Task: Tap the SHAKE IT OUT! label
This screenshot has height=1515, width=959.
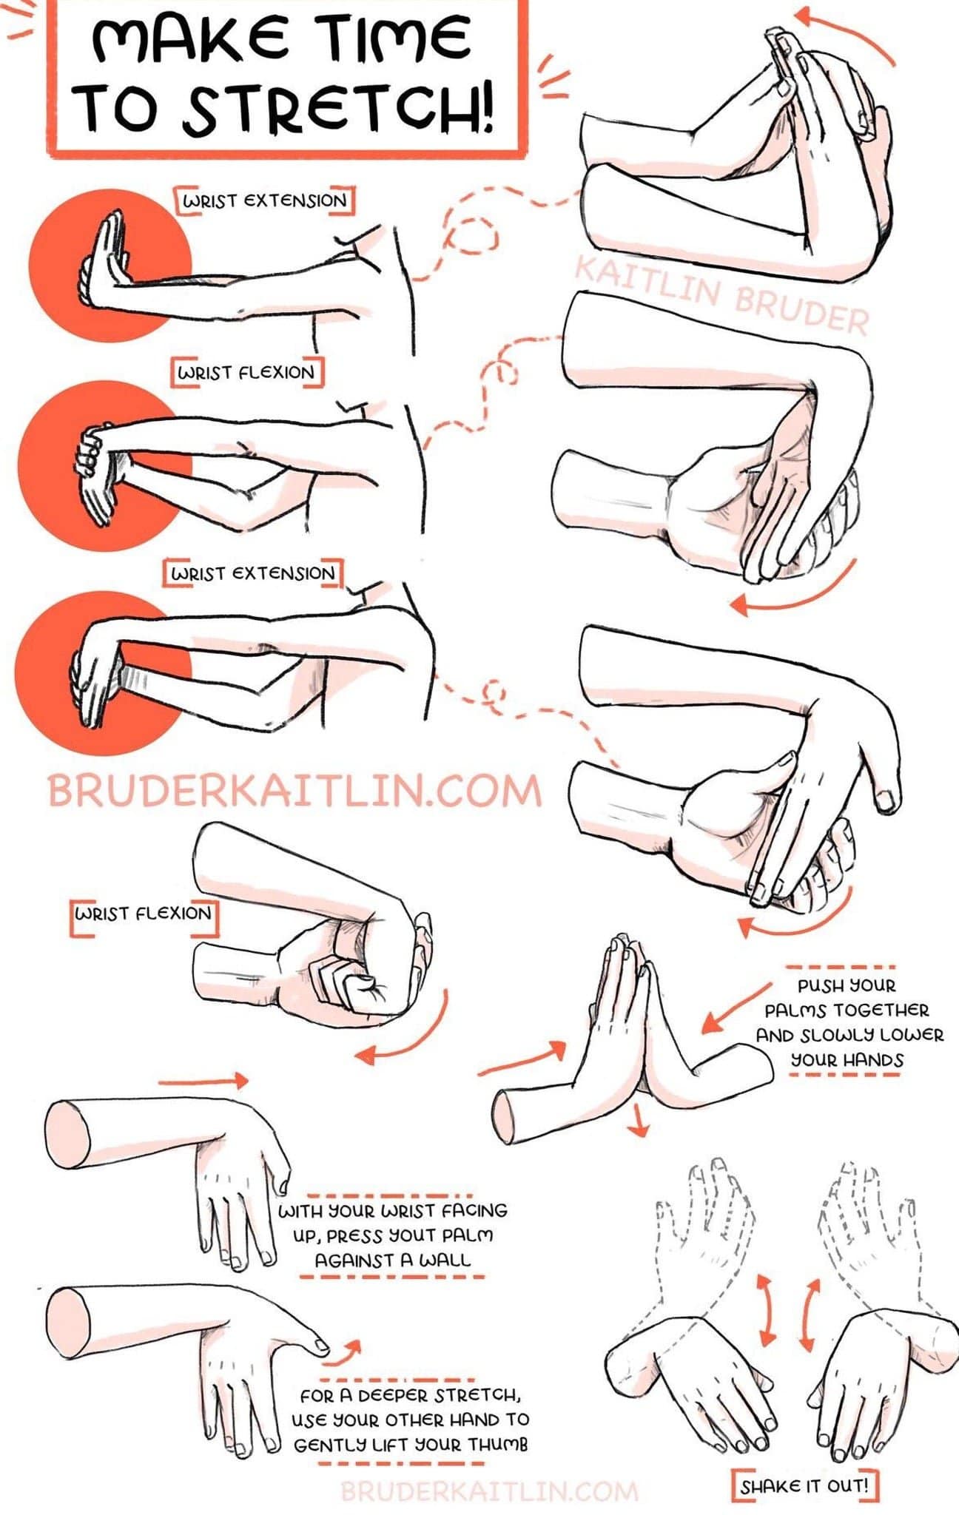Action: tap(804, 1485)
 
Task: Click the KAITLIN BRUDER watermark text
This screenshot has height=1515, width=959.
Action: tap(721, 294)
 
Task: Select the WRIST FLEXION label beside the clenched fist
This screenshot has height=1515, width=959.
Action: tap(144, 914)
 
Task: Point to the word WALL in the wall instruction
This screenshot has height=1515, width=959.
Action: tap(443, 1260)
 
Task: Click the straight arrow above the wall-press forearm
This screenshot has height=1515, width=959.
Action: tap(203, 1081)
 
